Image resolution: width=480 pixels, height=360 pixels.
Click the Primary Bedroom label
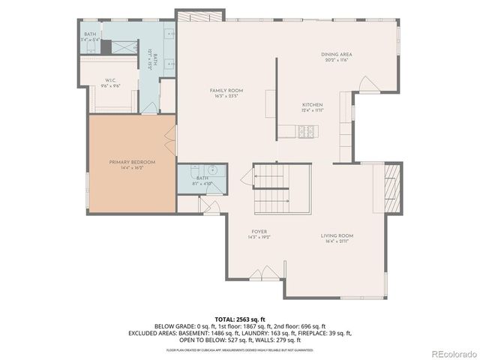click(x=132, y=162)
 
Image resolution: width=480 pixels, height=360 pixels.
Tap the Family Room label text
click(x=226, y=90)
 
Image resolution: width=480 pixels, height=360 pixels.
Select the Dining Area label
click(x=337, y=54)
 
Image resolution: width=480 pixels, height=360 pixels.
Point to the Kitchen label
click(x=312, y=104)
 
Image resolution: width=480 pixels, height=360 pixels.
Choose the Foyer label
click(x=259, y=232)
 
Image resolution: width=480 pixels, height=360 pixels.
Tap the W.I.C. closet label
click(x=109, y=80)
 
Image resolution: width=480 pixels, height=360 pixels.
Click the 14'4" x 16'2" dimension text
click(x=132, y=168)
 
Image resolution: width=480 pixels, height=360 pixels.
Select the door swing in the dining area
click(x=365, y=82)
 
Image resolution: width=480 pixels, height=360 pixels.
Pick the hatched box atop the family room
click(x=199, y=16)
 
